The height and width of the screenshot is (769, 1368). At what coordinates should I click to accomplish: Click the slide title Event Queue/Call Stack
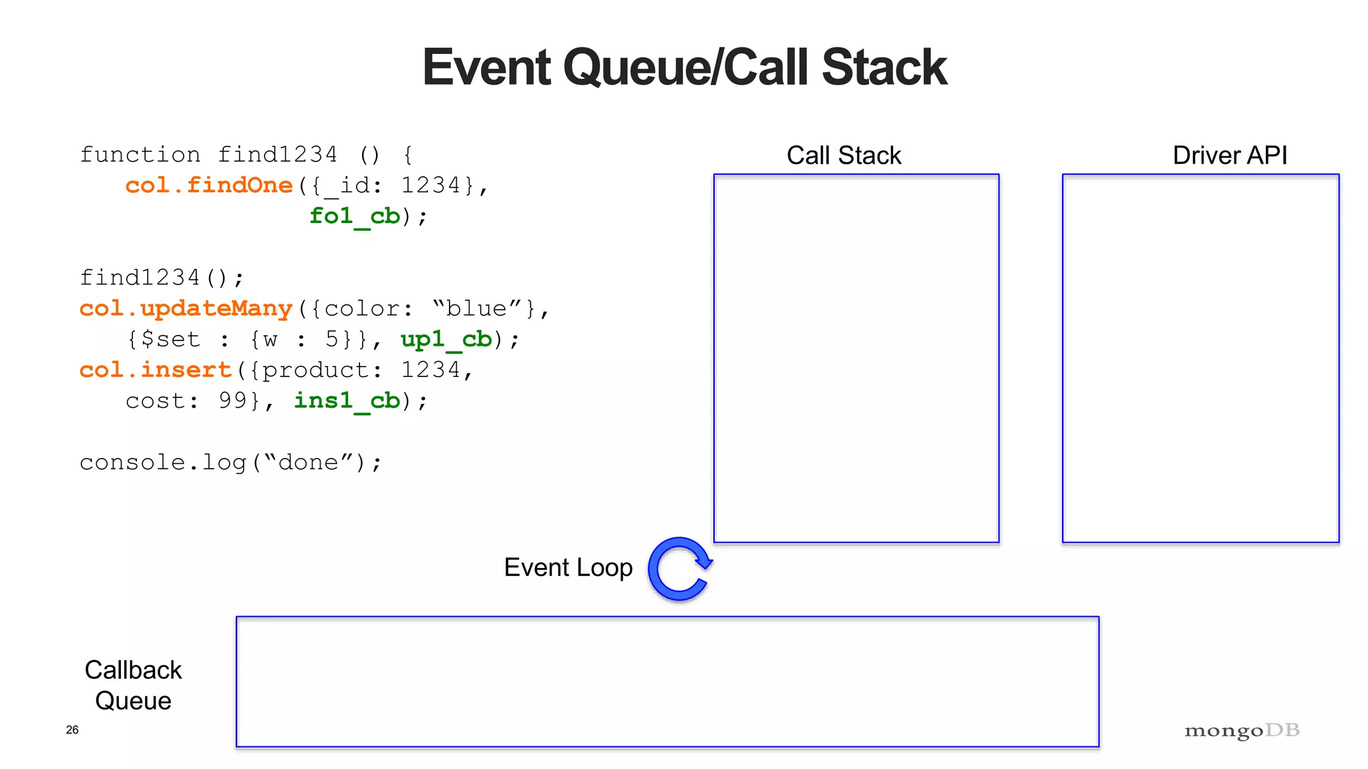tap(684, 67)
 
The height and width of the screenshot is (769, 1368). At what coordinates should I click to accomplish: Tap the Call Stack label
tap(844, 156)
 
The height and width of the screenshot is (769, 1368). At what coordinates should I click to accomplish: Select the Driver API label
tap(1230, 156)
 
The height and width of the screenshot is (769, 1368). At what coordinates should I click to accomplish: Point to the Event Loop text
tap(568, 567)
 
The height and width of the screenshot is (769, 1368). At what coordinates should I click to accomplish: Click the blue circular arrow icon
tap(680, 569)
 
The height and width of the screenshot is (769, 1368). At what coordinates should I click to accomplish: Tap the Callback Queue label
tap(133, 685)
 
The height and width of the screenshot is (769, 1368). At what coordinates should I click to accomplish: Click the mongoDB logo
tap(1242, 730)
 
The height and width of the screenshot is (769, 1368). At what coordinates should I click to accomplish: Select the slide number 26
tap(72, 730)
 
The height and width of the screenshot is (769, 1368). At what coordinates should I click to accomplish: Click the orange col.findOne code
tap(209, 185)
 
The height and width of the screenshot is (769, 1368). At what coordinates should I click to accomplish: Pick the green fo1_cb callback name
tap(355, 216)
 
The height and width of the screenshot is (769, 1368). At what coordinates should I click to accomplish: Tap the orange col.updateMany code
tap(186, 308)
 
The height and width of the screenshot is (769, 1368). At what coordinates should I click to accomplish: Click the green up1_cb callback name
tap(446, 340)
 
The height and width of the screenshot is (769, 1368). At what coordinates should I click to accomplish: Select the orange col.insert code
tap(155, 370)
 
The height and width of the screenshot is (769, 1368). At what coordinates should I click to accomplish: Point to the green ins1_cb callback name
tap(347, 401)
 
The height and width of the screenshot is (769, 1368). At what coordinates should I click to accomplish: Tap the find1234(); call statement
tap(162, 277)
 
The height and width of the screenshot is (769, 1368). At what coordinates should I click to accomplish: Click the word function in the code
tap(140, 155)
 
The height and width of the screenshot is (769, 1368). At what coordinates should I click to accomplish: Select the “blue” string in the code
tap(477, 308)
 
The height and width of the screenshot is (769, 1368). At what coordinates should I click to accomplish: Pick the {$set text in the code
tap(164, 339)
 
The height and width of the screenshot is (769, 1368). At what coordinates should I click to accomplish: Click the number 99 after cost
tap(233, 401)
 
